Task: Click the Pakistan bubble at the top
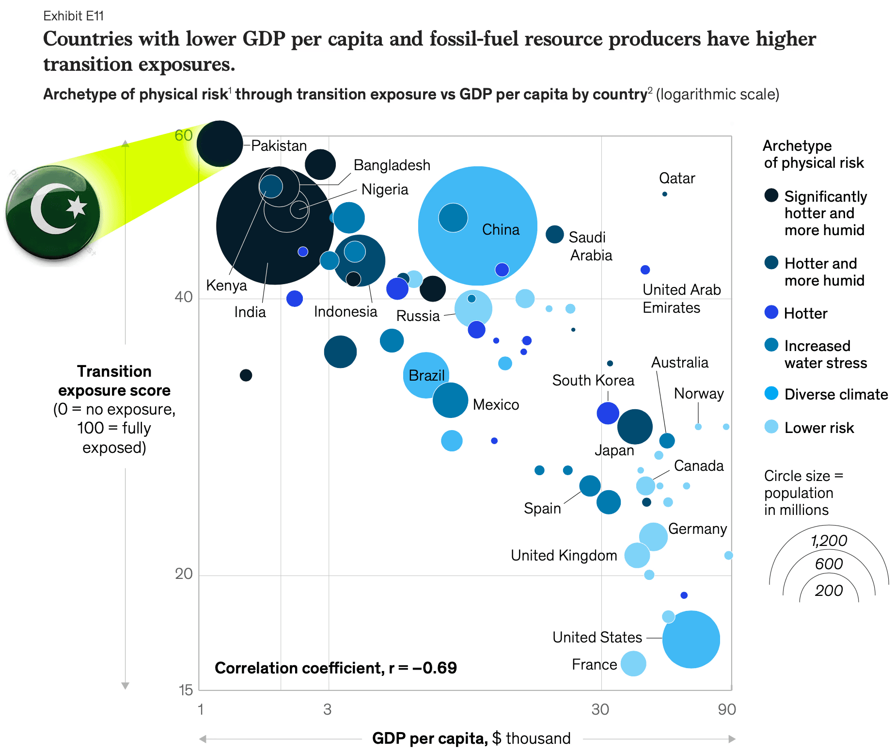click(220, 144)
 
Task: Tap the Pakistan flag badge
click(53, 213)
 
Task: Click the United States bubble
click(691, 640)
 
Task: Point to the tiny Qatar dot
click(665, 194)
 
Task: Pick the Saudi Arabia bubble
click(555, 234)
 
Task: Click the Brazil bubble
click(426, 375)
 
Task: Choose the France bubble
click(633, 663)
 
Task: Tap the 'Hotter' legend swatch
click(771, 313)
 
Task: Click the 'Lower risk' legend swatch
click(771, 427)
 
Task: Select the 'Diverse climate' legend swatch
click(771, 393)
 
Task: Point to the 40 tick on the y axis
click(184, 297)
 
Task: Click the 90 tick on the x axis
click(727, 709)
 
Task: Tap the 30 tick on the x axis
click(600, 709)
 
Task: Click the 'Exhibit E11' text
click(74, 16)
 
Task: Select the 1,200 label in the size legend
click(829, 541)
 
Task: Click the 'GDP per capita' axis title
click(429, 738)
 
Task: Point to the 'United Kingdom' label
click(564, 555)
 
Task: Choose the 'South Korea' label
click(593, 380)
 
